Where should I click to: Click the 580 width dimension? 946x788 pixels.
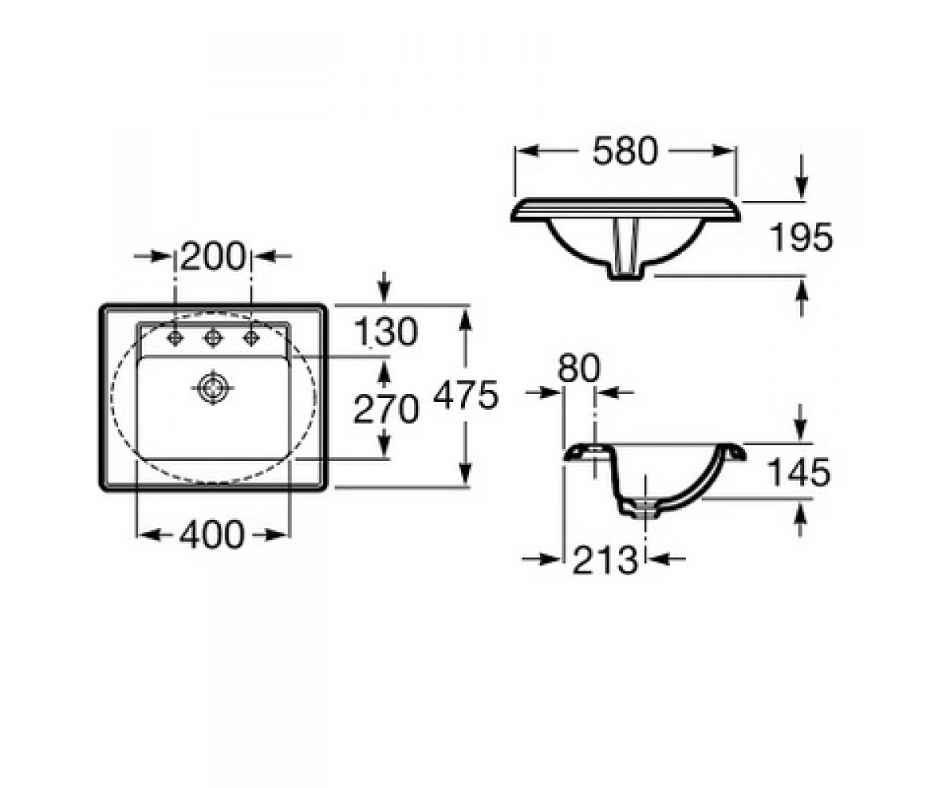click(x=625, y=151)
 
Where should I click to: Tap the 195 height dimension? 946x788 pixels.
click(x=801, y=237)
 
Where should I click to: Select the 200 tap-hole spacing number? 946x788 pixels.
click(x=213, y=256)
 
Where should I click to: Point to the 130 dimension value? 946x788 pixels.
click(x=385, y=332)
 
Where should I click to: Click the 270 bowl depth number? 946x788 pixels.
click(x=385, y=409)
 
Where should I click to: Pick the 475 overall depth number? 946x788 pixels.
click(x=466, y=395)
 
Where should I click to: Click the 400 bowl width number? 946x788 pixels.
click(x=212, y=535)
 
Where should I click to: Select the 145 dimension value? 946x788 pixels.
click(x=799, y=472)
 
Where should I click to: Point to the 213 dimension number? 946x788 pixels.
click(x=605, y=559)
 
